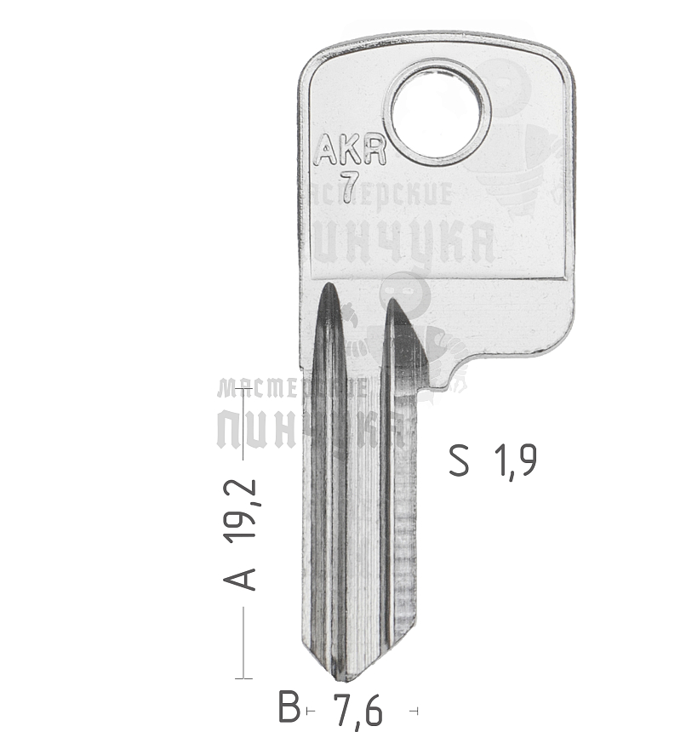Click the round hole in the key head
coord(437,111)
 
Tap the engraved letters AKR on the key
coord(350,152)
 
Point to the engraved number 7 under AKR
coord(348,187)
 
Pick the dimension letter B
coord(290,707)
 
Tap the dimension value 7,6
coord(357,708)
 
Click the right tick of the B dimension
coord(414,710)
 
